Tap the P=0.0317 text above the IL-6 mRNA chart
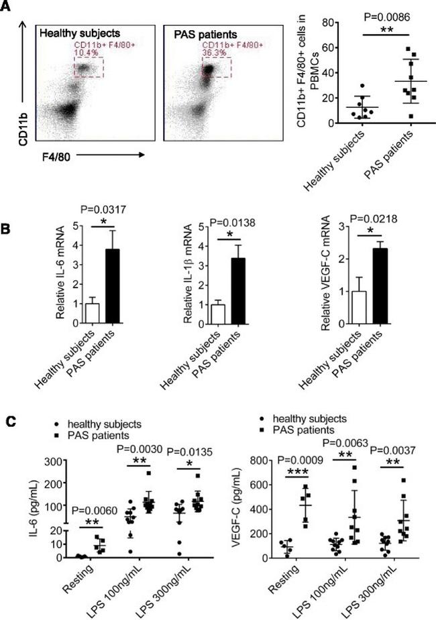pyautogui.click(x=99, y=196)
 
